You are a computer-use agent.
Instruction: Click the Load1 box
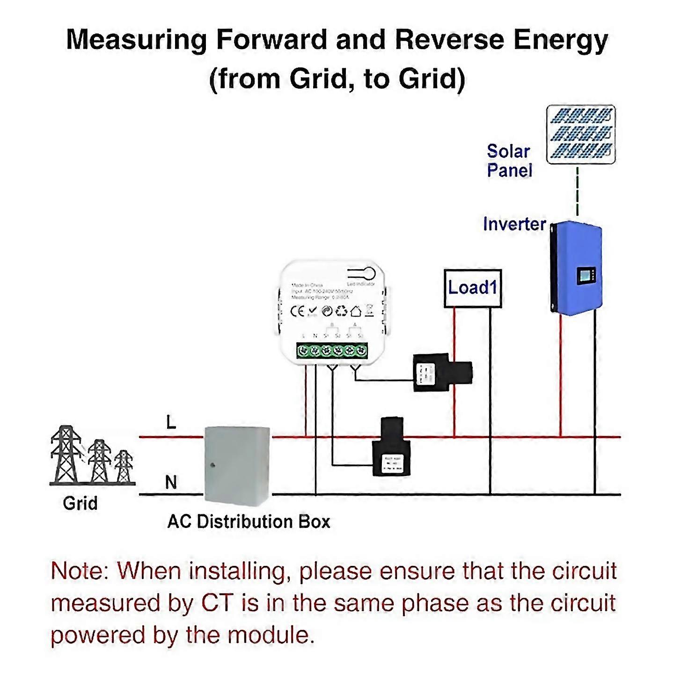pyautogui.click(x=472, y=288)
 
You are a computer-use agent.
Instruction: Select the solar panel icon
pyautogui.click(x=580, y=134)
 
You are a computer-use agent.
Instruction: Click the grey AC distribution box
pyautogui.click(x=237, y=463)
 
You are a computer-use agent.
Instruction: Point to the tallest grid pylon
pyautogui.click(x=66, y=454)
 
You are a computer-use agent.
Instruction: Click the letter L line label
pyautogui.click(x=171, y=423)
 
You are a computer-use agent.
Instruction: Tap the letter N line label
pyautogui.click(x=171, y=482)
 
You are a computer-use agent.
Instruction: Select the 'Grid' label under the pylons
pyautogui.click(x=80, y=504)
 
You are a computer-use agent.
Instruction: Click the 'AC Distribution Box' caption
pyautogui.click(x=249, y=521)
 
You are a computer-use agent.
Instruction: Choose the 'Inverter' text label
pyautogui.click(x=514, y=224)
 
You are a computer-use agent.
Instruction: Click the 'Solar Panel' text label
pyautogui.click(x=509, y=161)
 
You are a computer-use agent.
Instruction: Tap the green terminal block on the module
pyautogui.click(x=332, y=350)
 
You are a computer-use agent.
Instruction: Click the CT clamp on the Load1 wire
pyautogui.click(x=442, y=373)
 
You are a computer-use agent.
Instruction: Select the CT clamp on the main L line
pyautogui.click(x=392, y=447)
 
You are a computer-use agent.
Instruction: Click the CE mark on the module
pyautogui.click(x=298, y=311)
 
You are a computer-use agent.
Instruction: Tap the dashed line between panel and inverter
pyautogui.click(x=578, y=192)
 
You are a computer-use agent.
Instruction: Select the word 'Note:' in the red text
pyautogui.click(x=80, y=571)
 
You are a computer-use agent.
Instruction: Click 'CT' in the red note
pyautogui.click(x=217, y=603)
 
